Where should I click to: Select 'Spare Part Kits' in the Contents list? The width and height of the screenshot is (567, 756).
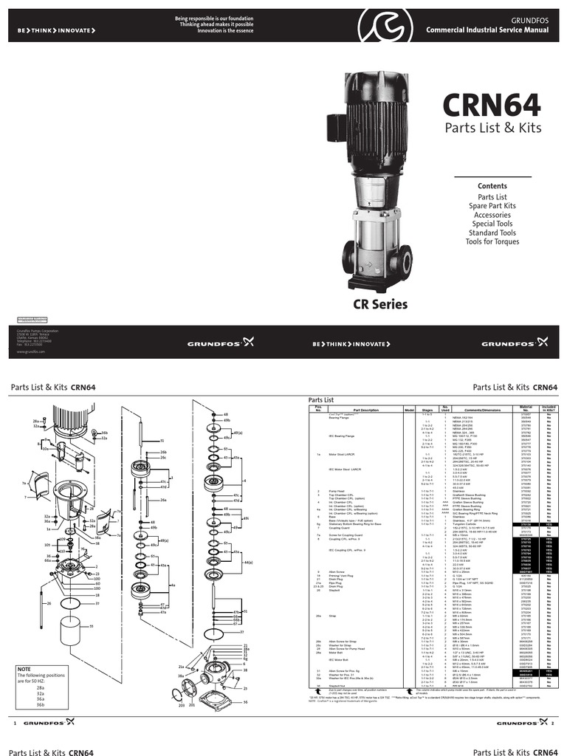point(492,205)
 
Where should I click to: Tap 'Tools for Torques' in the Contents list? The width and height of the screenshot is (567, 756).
point(492,241)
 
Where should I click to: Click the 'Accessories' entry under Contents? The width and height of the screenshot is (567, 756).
point(492,214)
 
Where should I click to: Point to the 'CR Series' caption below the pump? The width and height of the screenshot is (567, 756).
point(379,304)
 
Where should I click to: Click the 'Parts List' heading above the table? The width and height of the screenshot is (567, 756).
point(322,399)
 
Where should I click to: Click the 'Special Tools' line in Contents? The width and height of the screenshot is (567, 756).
point(492,224)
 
